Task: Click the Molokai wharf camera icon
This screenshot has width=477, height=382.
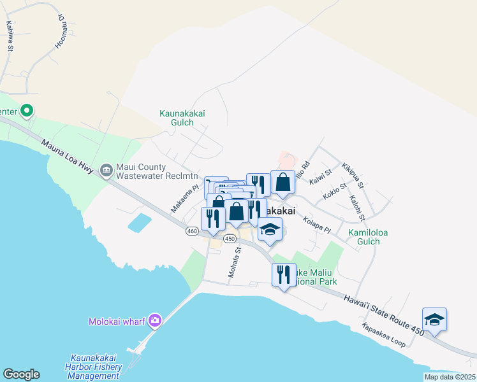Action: (154, 320)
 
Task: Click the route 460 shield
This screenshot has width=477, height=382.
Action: (192, 231)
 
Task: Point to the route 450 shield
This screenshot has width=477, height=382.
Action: (230, 237)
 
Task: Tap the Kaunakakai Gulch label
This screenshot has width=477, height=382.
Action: (185, 118)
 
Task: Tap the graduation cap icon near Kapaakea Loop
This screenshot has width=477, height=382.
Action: (434, 319)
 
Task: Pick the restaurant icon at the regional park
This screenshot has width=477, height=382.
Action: (283, 274)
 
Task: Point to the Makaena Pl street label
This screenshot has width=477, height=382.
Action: (186, 199)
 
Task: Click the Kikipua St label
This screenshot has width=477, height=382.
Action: (353, 175)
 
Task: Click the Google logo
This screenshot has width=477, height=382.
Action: (21, 374)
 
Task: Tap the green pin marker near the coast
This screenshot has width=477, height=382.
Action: (26, 111)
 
